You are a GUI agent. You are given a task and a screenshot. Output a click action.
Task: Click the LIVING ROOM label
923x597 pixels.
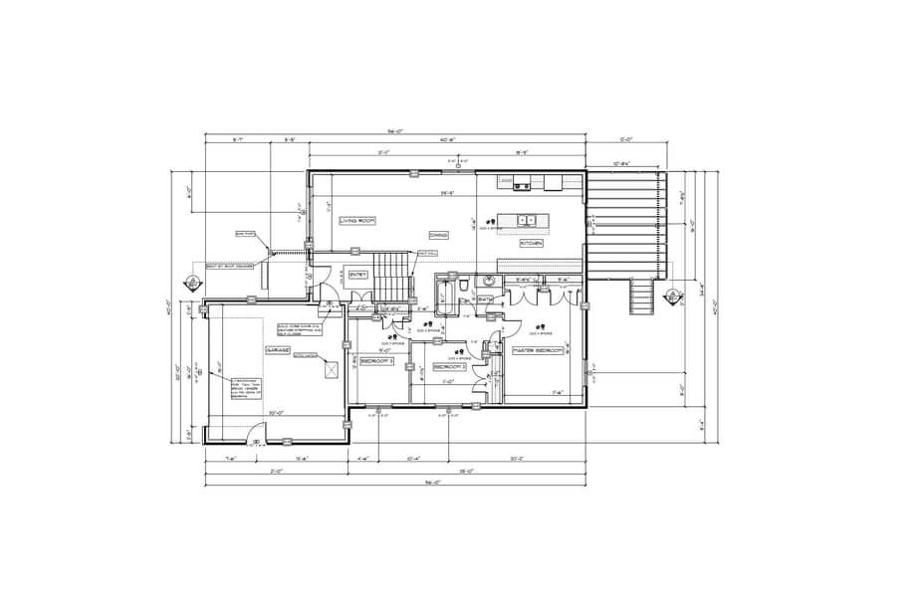355,221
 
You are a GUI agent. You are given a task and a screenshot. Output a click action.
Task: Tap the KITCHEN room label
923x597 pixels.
530,243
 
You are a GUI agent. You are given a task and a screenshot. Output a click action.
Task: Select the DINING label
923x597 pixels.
438,235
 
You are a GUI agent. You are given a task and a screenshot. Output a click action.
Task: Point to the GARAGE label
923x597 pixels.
277,351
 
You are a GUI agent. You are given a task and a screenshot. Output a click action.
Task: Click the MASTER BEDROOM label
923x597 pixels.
538,351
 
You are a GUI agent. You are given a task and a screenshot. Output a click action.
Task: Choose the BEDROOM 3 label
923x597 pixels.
376,361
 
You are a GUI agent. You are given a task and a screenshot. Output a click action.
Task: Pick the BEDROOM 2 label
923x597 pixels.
450,366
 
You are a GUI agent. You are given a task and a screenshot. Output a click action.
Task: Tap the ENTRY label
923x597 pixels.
357,274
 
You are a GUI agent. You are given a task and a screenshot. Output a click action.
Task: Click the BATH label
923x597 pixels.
485,298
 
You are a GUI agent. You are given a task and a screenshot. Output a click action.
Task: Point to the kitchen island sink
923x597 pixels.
526,220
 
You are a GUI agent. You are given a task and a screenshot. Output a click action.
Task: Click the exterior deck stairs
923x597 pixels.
641,297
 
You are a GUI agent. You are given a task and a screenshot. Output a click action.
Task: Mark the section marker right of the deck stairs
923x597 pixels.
673,296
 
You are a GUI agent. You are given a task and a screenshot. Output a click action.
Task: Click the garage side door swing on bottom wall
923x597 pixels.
256,434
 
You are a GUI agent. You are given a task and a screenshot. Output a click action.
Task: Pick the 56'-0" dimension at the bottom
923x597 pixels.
394,484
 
